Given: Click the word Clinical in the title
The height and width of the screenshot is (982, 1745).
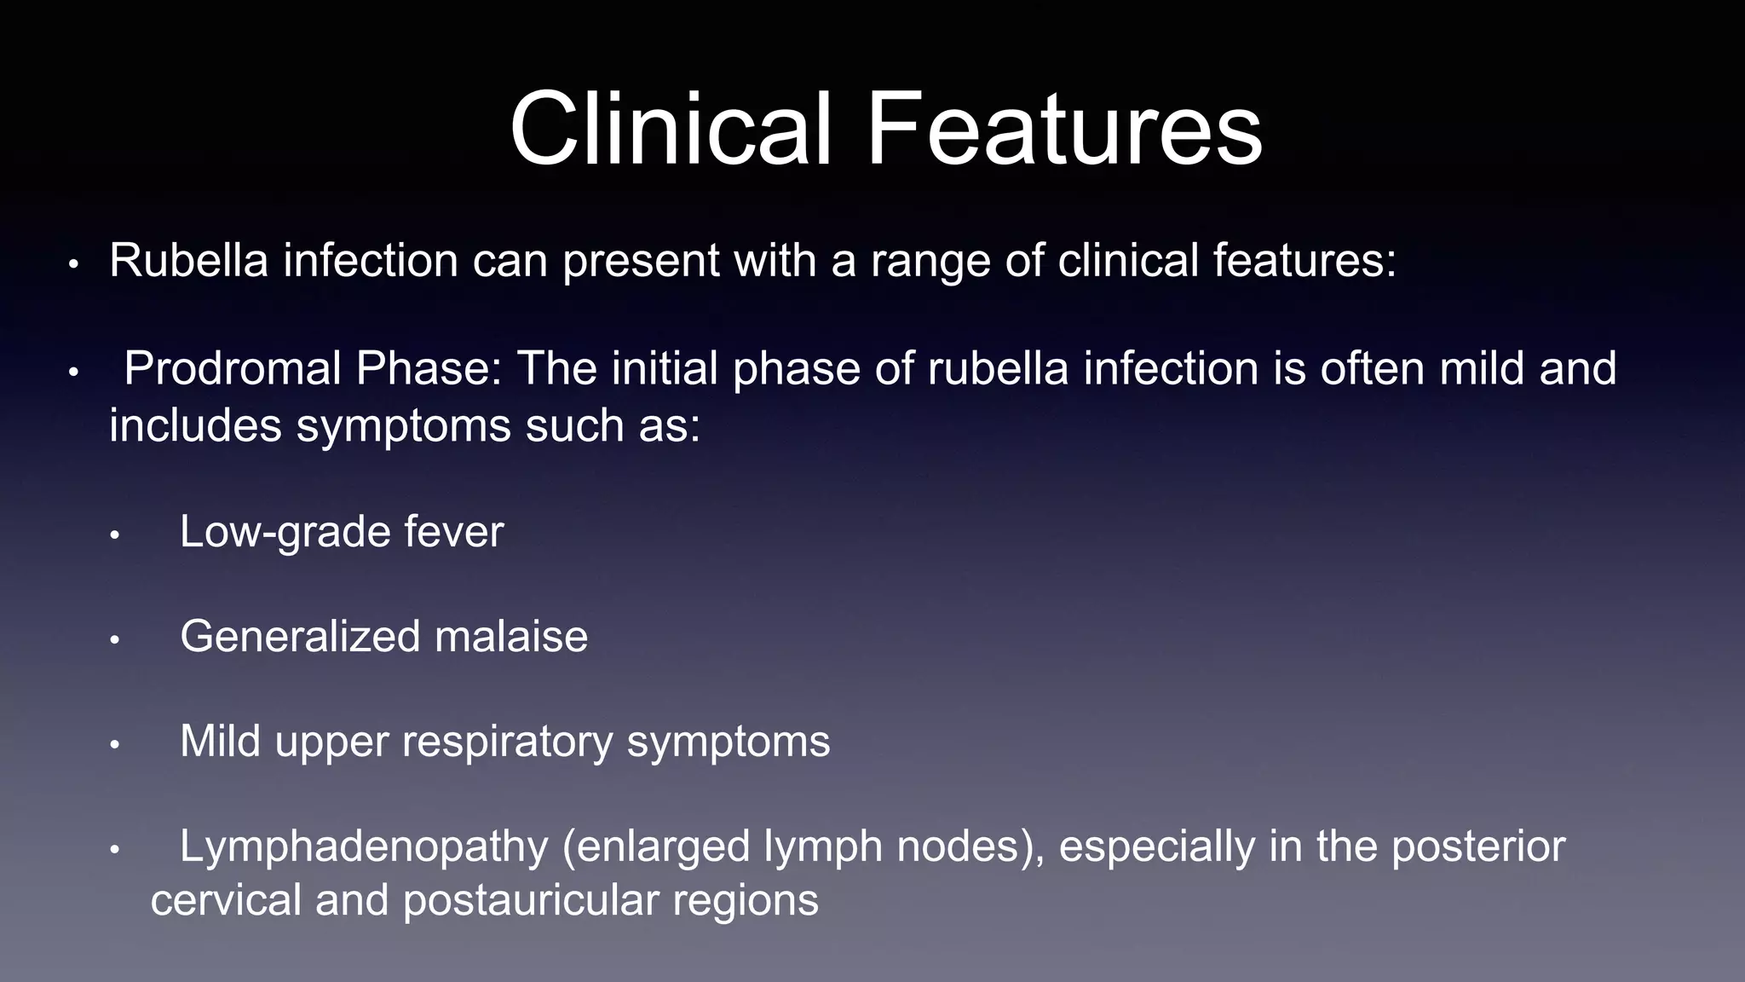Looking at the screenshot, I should click(670, 130).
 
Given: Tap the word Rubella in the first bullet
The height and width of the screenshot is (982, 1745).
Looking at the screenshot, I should click(189, 260).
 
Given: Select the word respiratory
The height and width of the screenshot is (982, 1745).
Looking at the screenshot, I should click(507, 742).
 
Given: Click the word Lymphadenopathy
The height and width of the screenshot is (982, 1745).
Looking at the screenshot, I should click(364, 847).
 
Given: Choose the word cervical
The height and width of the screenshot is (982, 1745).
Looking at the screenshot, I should click(226, 901).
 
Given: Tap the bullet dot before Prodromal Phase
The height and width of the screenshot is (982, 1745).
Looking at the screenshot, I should click(73, 373).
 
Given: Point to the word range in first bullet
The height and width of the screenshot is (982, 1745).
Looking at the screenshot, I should click(930, 262).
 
